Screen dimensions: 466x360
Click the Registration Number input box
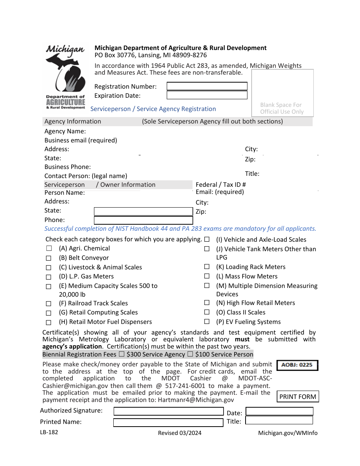pyautogui.click(x=207, y=86)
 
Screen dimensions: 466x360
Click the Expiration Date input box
pyautogui.click(x=207, y=95)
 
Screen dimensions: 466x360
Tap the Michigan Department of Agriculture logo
pyautogui.click(x=66, y=77)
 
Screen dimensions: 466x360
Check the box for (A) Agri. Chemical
pyautogui.click(x=49, y=249)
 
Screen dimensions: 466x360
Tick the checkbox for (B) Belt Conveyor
pyautogui.click(x=49, y=258)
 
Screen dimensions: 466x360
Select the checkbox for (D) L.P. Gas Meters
pyautogui.click(x=49, y=277)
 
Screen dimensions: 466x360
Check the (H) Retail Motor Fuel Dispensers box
pyautogui.click(x=49, y=322)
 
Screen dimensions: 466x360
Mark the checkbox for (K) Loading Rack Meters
pyautogui.click(x=207, y=267)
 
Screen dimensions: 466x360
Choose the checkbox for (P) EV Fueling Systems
pyautogui.click(x=207, y=322)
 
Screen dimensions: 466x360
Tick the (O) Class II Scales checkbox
pyautogui.click(x=207, y=312)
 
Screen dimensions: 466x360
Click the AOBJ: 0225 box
pyautogui.click(x=297, y=365)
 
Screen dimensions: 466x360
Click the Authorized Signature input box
pyautogui.click(x=169, y=411)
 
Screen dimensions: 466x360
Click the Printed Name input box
pyautogui.click(x=169, y=422)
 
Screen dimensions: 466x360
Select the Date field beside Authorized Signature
pyautogui.click(x=279, y=411)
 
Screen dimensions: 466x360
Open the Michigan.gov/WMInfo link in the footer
pyautogui.click(x=288, y=433)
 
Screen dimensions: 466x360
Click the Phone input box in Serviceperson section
pyautogui.click(x=143, y=220)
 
